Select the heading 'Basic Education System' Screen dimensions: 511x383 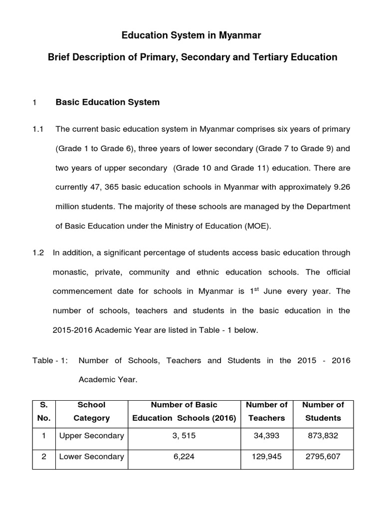coord(108,102)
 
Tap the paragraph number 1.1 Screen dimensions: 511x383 coord(38,130)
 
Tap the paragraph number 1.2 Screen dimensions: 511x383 coord(38,253)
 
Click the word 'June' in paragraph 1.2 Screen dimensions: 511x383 coord(279,292)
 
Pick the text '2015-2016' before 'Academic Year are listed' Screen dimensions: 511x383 coord(72,330)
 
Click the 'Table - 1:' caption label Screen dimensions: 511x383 coord(50,360)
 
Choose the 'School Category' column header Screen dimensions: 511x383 coord(92,411)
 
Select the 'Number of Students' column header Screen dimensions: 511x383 coord(323,411)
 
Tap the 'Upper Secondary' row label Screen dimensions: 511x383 coord(91,436)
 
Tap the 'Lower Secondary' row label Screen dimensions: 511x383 coord(91,457)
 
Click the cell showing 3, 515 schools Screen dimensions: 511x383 coord(184,436)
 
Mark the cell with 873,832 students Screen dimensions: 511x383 coord(323,436)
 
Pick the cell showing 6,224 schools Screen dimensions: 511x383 coord(184,457)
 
